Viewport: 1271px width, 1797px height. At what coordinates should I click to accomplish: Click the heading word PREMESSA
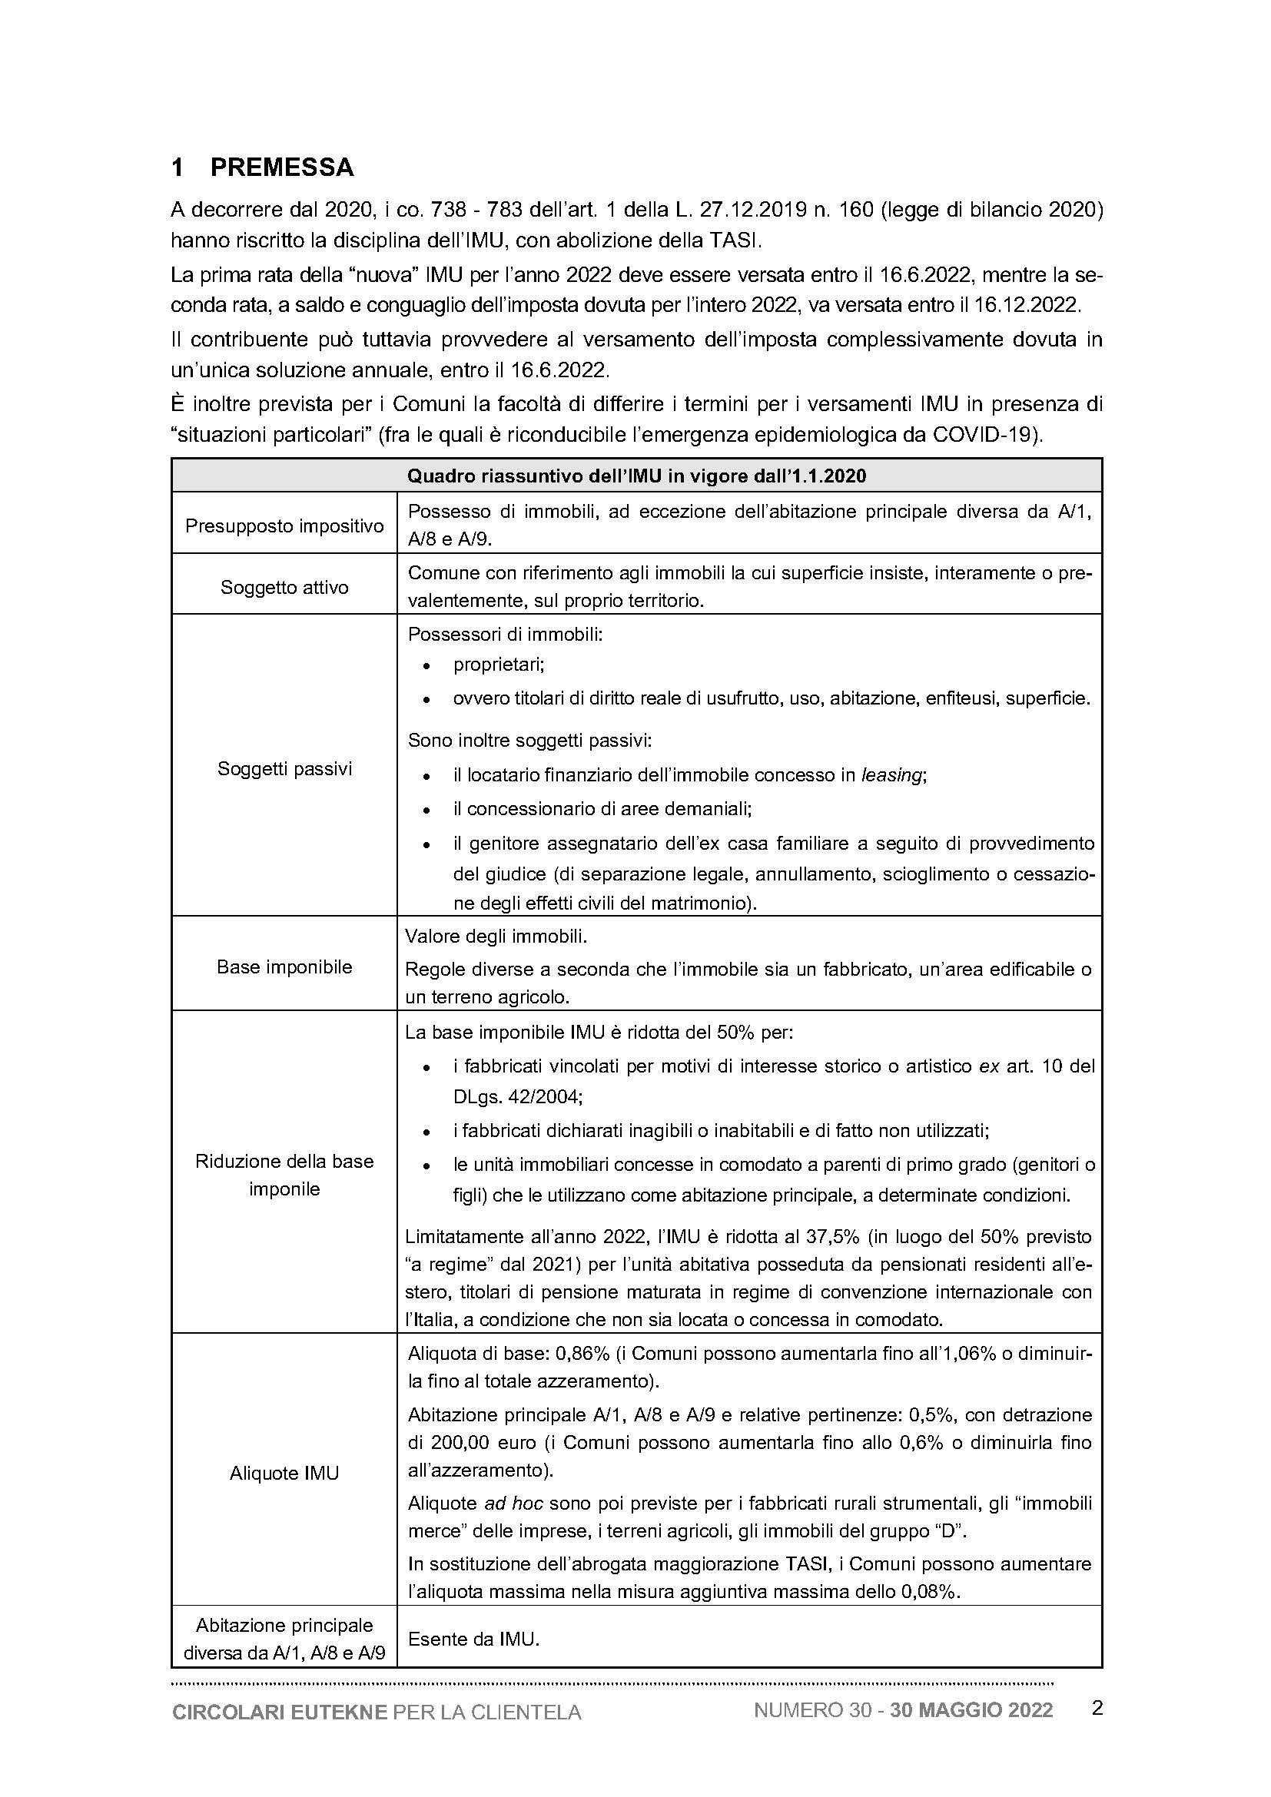282,167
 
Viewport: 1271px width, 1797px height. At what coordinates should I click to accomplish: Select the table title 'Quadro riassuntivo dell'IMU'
635,476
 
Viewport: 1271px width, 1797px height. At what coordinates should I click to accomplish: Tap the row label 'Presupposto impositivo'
284,526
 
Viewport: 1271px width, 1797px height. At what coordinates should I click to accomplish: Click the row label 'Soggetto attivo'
284,587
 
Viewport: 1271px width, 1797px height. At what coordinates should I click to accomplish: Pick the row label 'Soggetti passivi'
284,768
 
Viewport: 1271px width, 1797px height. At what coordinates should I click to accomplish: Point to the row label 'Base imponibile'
284,966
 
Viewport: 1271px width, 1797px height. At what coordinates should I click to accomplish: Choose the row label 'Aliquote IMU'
284,1473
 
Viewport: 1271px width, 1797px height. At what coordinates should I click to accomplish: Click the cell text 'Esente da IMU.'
473,1639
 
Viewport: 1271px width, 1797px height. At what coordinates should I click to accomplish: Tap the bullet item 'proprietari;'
499,665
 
